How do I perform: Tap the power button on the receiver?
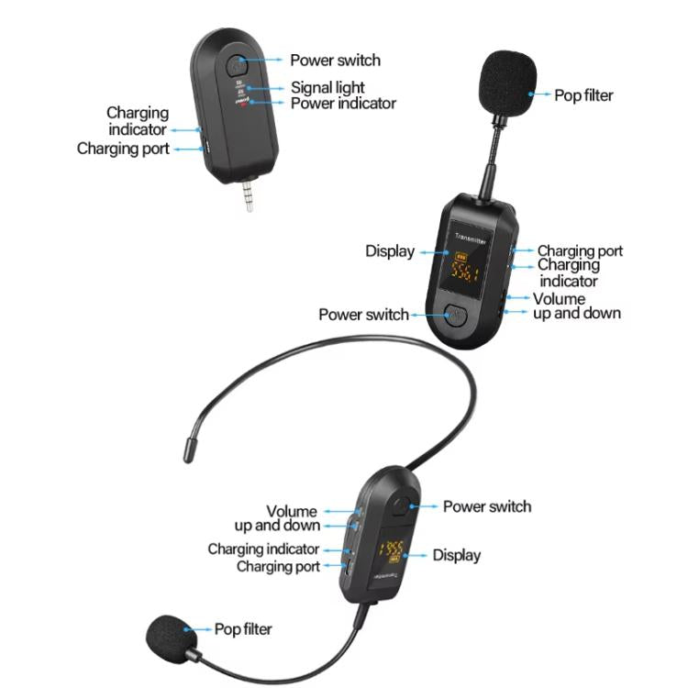[x=238, y=66]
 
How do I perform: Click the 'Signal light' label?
[x=328, y=88]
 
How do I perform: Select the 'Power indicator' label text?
[x=343, y=104]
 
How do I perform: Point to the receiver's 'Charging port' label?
[x=123, y=148]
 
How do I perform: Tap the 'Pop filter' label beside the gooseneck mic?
[x=583, y=94]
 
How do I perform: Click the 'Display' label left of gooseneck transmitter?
[x=390, y=250]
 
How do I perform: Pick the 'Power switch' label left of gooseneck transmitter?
[x=363, y=314]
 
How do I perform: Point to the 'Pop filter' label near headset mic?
[x=243, y=629]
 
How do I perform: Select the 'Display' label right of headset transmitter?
[x=456, y=555]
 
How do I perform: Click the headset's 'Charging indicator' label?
[x=264, y=549]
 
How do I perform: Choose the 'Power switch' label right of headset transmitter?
[x=486, y=506]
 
